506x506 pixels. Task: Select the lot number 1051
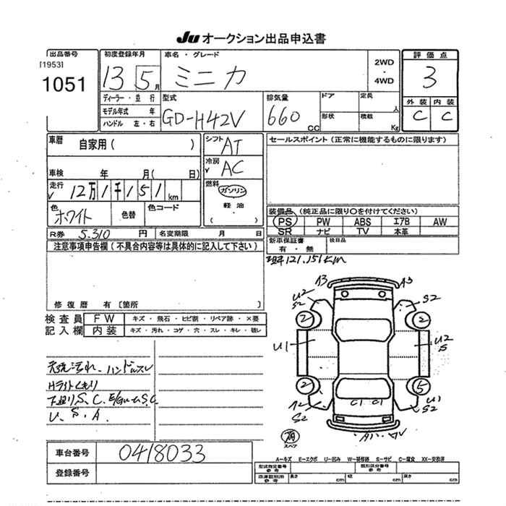pos(64,84)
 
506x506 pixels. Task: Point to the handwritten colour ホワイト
pos(72,216)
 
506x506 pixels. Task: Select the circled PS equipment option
pos(287,221)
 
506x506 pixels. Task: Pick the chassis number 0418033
pos(163,453)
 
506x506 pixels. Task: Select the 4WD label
pos(385,81)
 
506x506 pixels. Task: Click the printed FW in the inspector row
pos(101,318)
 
